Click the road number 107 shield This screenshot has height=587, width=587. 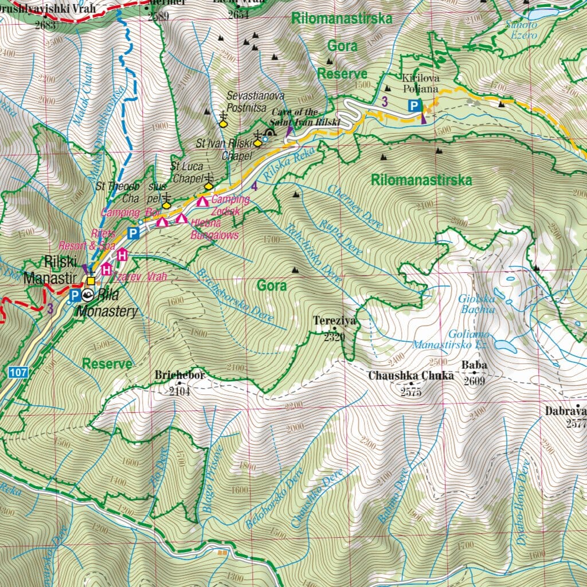(x=18, y=373)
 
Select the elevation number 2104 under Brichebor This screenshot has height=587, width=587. (x=179, y=392)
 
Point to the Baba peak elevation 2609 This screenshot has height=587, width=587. (x=474, y=381)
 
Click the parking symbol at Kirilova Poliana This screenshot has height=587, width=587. (x=413, y=105)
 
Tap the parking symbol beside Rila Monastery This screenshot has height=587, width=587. (x=74, y=295)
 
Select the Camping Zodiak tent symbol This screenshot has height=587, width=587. (x=202, y=201)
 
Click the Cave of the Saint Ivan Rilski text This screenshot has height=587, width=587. (x=306, y=117)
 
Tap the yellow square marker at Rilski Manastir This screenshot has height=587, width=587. (x=91, y=281)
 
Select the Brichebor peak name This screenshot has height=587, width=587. (x=179, y=375)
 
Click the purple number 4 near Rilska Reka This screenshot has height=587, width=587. (x=254, y=186)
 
